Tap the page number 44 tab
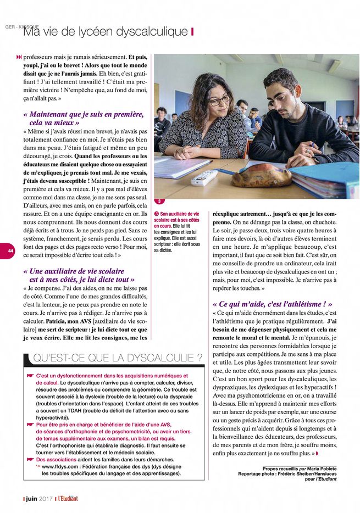(x=10, y=250)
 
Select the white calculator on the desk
(x=205, y=177)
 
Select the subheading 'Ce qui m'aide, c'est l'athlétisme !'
(x=272, y=304)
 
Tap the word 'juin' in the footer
(x=33, y=499)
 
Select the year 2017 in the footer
(x=48, y=499)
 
